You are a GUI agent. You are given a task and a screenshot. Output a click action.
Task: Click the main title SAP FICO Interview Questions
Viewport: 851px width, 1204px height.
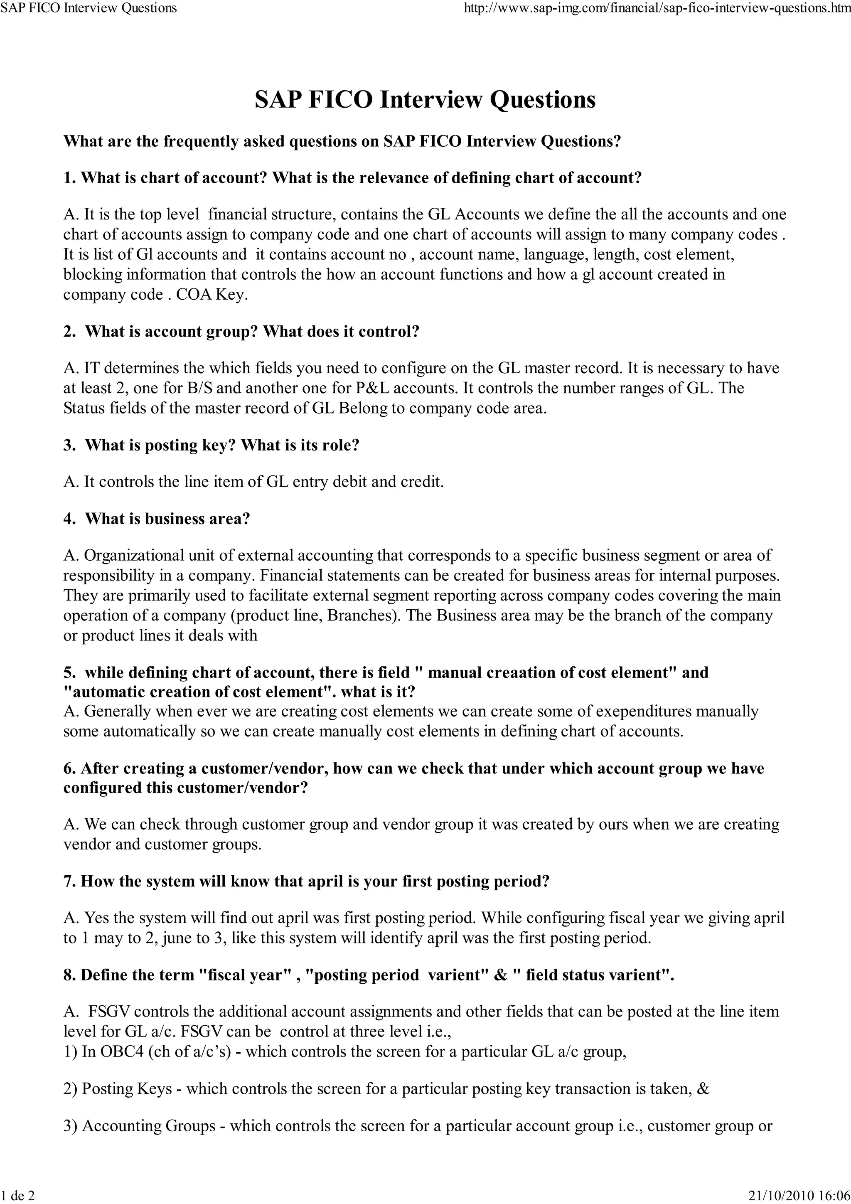point(425,100)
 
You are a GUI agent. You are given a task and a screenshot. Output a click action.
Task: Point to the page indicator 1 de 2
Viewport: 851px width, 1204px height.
point(17,1195)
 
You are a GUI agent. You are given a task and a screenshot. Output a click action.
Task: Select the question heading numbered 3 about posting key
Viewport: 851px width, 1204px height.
point(212,445)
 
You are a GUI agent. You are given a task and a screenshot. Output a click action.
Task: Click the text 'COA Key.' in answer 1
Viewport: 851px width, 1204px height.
point(212,294)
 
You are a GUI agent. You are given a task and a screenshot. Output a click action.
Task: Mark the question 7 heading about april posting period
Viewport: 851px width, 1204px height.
point(306,881)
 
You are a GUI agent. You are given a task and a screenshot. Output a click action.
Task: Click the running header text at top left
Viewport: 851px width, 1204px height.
point(89,8)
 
